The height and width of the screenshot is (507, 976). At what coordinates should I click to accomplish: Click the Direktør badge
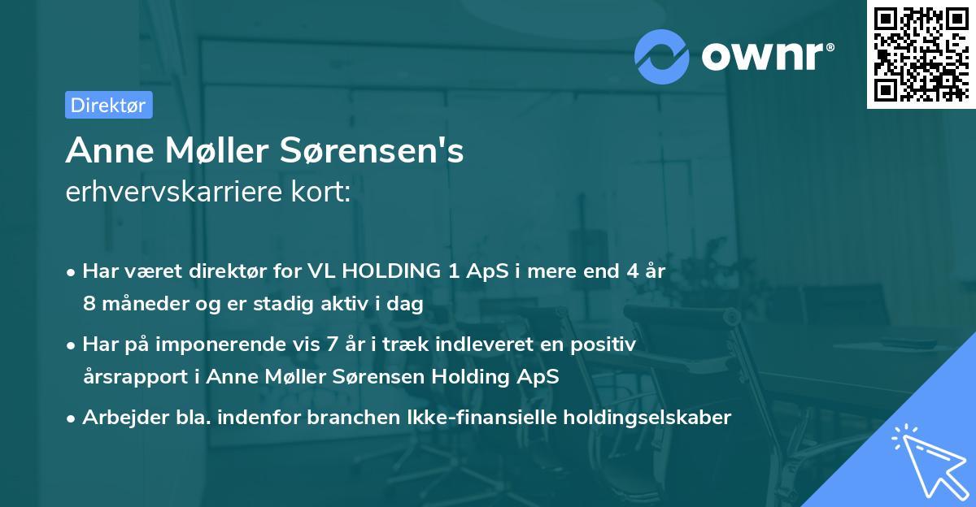(108, 105)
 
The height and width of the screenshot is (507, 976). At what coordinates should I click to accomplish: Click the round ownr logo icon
(662, 57)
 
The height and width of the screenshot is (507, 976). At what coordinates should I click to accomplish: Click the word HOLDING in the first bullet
(386, 272)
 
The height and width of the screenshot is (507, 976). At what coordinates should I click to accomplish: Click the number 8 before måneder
(89, 304)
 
